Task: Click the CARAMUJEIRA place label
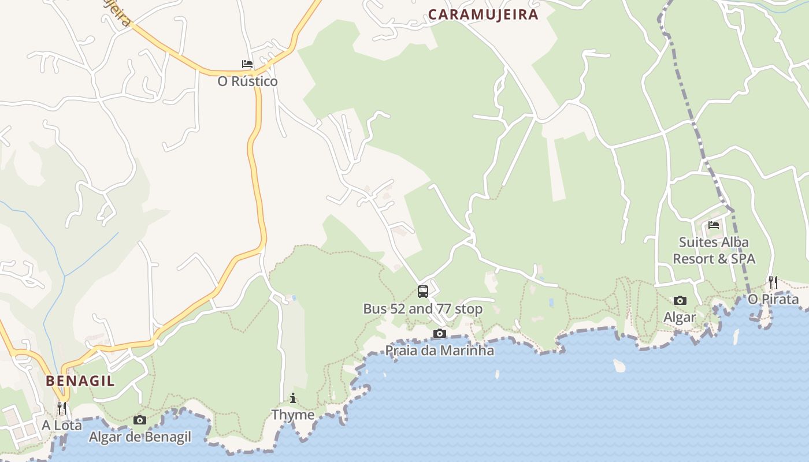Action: pos(483,14)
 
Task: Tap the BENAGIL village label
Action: pos(80,381)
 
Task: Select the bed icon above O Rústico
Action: pos(247,64)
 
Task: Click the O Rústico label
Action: pos(247,81)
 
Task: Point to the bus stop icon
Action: pos(423,292)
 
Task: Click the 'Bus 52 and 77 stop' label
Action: pos(422,309)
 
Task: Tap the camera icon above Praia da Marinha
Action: pos(440,333)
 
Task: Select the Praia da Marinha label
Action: pos(440,351)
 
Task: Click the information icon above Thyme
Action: pos(293,398)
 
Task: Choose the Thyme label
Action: pos(293,415)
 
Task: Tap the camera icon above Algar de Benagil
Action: pos(140,420)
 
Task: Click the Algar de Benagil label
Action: pos(140,437)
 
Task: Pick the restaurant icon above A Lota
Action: pos(61,408)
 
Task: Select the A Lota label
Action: pos(61,425)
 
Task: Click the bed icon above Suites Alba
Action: pos(714,225)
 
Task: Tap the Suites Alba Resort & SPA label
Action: pos(714,250)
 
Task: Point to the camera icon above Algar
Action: pos(680,300)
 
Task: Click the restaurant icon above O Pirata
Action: pos(773,282)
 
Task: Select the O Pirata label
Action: pos(773,299)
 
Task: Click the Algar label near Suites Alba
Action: pos(680,317)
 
